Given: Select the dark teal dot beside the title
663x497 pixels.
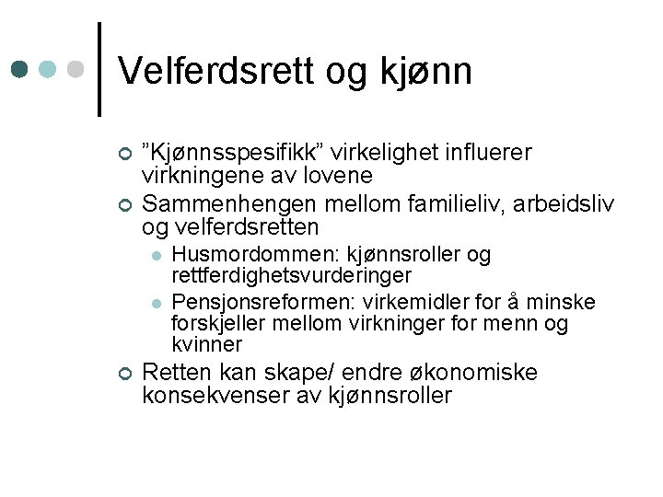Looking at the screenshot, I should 19,69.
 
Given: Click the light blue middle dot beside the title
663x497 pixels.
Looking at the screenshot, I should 48,69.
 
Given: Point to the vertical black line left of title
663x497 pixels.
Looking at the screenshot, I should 99,69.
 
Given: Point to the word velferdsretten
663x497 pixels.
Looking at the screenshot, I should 243,226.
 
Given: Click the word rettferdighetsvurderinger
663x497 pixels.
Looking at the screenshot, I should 292,275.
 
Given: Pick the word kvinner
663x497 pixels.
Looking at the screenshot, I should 207,345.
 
